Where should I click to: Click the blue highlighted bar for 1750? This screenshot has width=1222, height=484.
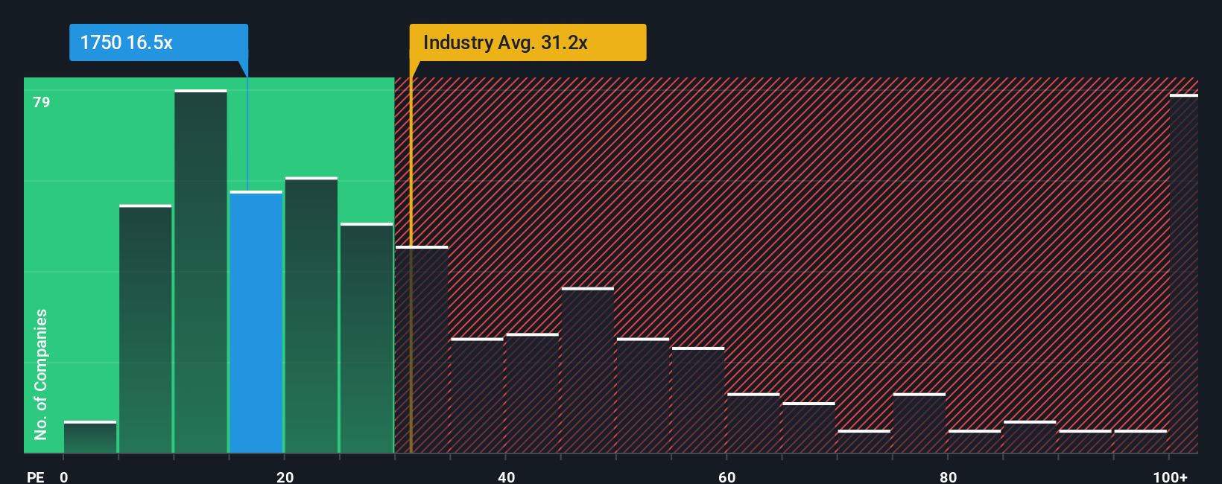pos(256,322)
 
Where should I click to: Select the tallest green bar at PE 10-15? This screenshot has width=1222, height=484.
pos(200,272)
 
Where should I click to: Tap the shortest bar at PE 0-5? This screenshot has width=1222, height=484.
pos(90,437)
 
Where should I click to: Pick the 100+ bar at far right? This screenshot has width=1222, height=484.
pos(1183,273)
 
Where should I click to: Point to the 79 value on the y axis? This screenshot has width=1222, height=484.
pos(42,102)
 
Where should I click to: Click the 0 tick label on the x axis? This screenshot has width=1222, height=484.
pos(64,477)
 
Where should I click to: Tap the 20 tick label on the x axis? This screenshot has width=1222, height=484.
pos(285,477)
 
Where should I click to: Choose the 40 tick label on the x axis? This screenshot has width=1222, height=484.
pos(506,477)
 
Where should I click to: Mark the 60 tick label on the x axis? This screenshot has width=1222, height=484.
pos(727,477)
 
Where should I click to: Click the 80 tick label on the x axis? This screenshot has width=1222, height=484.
pos(948,477)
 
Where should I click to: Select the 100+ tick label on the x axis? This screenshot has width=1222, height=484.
pos(1170,477)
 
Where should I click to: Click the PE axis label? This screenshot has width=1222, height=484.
pos(35,477)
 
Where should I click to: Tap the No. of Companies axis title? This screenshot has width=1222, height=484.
pos(41,374)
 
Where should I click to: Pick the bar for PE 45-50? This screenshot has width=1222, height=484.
pos(588,370)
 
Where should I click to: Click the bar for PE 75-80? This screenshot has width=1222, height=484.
pos(919,423)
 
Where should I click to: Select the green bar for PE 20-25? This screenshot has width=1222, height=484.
pos(311,315)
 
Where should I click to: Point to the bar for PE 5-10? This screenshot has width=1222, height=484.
pos(145,328)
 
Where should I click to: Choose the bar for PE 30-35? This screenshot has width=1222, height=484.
pos(422,349)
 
